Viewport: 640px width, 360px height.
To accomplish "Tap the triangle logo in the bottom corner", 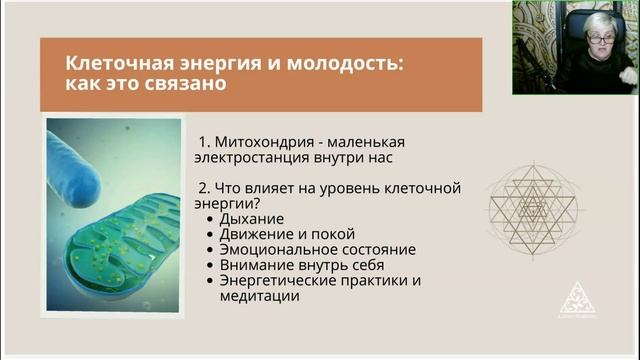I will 577,299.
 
